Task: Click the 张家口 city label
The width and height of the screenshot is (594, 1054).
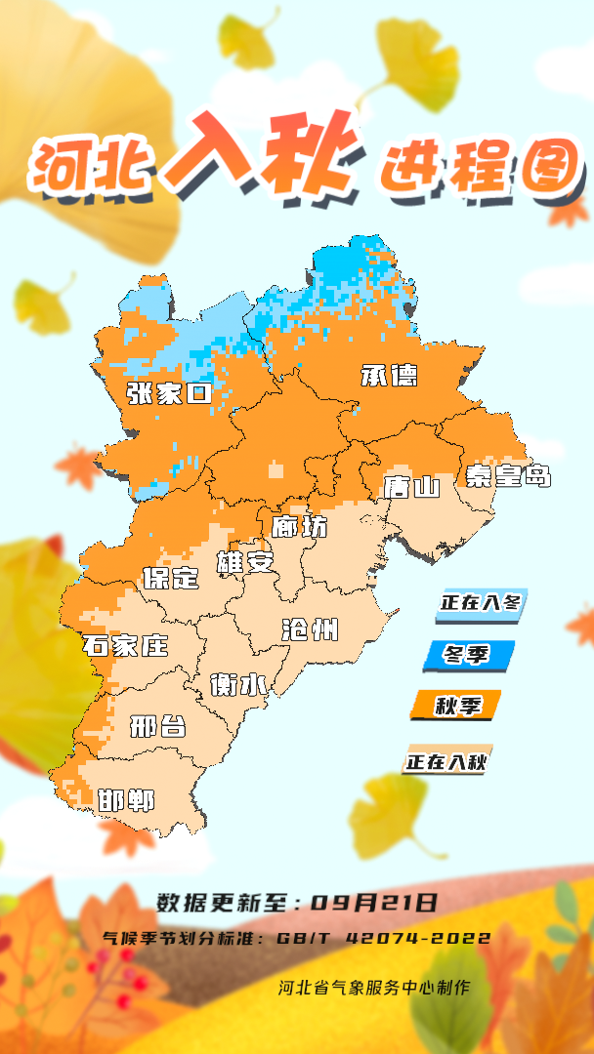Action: click(x=169, y=393)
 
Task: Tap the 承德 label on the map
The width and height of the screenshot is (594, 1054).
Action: click(x=389, y=375)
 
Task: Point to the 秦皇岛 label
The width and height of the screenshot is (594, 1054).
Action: click(x=508, y=475)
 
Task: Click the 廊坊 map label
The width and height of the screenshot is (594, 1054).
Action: click(x=300, y=526)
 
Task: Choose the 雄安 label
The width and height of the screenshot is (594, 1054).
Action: click(x=245, y=562)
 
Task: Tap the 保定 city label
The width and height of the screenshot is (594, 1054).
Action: click(x=171, y=577)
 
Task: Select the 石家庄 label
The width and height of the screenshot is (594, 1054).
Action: click(x=125, y=645)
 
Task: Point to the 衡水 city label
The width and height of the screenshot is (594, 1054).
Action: click(x=239, y=685)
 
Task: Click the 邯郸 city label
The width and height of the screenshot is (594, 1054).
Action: click(x=127, y=800)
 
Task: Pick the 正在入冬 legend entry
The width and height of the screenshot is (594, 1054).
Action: click(x=481, y=603)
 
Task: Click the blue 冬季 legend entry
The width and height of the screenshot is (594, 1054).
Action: click(x=468, y=655)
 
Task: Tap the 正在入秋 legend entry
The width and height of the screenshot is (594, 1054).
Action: click(x=447, y=759)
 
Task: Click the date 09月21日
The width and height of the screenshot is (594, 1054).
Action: click(x=374, y=903)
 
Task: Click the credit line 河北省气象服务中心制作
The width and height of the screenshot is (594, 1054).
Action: click(x=373, y=987)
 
